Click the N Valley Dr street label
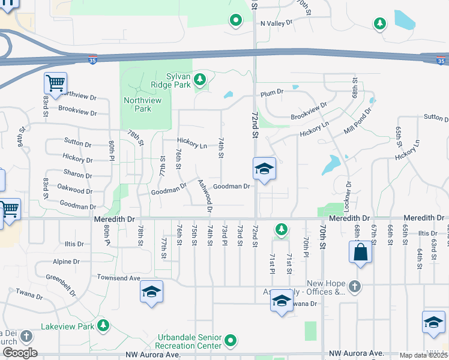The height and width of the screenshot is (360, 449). tap(276, 23)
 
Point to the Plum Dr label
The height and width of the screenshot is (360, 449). tap(271, 93)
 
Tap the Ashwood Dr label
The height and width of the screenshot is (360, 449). tap(205, 196)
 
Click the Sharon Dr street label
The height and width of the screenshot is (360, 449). tap(77, 173)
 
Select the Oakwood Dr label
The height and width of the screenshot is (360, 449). tap(75, 190)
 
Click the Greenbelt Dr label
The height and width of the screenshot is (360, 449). tap(61, 285)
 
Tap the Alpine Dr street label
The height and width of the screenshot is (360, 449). tap(66, 262)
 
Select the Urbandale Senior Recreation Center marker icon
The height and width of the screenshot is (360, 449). tap(232, 341)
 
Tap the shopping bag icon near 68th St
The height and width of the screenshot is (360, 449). tap(360, 253)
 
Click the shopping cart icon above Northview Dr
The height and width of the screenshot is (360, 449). tap(55, 83)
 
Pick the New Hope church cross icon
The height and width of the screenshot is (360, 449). tap(355, 286)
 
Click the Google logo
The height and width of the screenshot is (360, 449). tap(19, 353)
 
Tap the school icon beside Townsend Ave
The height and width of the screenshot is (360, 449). tap(151, 292)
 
